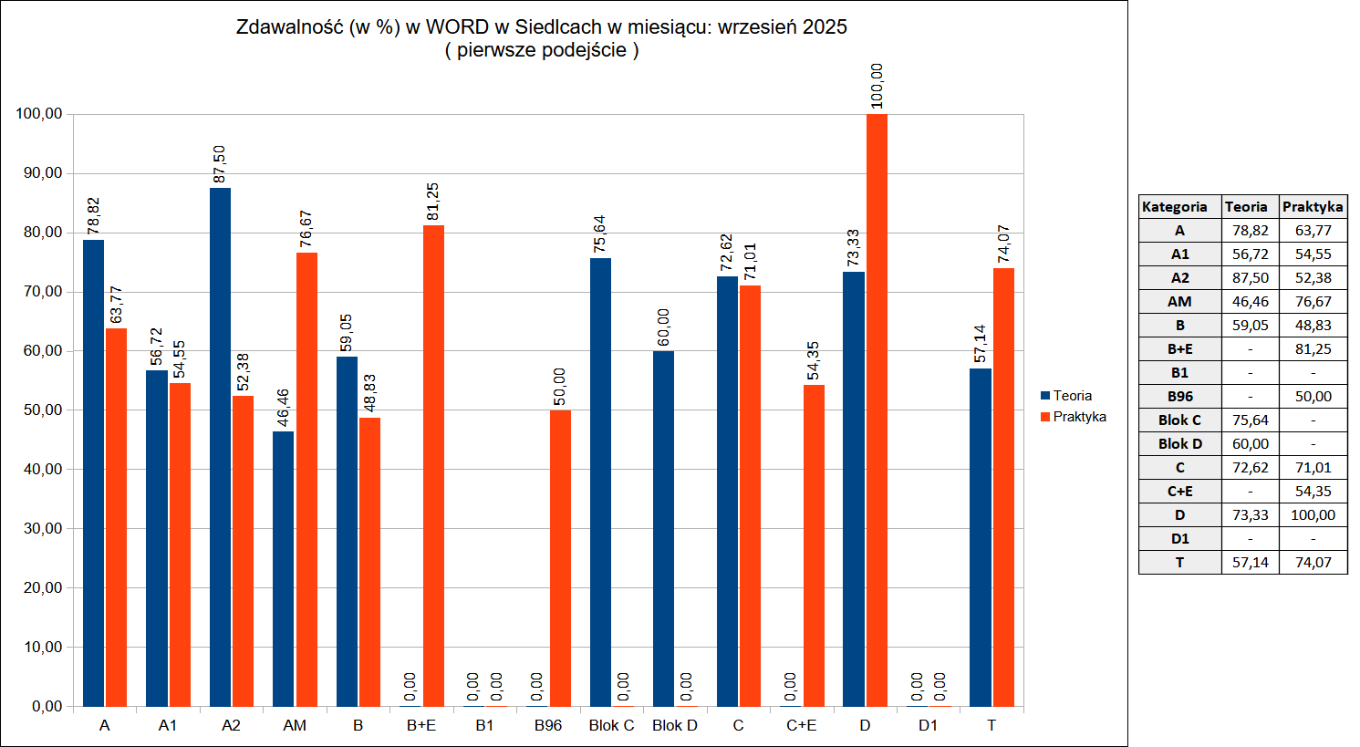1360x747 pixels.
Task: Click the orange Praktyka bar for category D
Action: tap(877, 410)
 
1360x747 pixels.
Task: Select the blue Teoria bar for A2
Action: tap(220, 447)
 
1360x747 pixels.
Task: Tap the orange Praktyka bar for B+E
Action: tap(433, 465)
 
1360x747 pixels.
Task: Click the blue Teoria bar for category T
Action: tap(980, 537)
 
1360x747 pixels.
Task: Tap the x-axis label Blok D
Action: tap(674, 725)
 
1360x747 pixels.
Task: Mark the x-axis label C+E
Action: tap(801, 725)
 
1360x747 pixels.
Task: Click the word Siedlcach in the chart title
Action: tap(568, 27)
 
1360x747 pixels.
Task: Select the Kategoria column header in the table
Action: tap(1174, 207)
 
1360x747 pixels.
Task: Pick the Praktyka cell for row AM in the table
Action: tap(1313, 302)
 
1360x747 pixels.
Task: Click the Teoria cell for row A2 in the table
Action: tap(1250, 278)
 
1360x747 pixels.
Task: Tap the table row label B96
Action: tap(1179, 397)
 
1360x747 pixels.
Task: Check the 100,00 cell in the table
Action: tap(1313, 515)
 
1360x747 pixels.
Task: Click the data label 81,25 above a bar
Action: tap(433, 202)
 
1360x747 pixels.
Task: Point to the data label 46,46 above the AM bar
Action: tap(283, 408)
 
